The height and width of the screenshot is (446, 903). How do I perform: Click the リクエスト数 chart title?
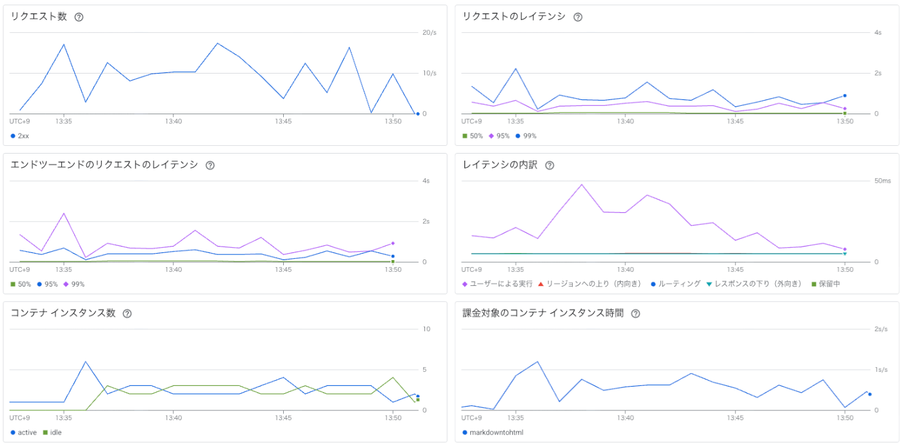pyautogui.click(x=39, y=17)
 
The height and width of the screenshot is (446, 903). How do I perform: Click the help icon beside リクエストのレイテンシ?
pyautogui.click(x=578, y=17)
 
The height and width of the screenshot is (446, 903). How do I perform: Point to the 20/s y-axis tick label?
pyautogui.click(x=429, y=33)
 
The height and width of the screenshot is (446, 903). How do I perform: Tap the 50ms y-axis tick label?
pyautogui.click(x=882, y=181)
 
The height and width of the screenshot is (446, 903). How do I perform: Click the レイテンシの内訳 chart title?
pyautogui.click(x=500, y=165)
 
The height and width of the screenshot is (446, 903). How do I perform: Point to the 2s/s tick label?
pyautogui.click(x=881, y=329)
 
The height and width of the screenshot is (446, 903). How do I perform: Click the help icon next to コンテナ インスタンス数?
pyautogui.click(x=127, y=314)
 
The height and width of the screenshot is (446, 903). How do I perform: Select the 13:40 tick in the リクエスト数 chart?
pyautogui.click(x=173, y=121)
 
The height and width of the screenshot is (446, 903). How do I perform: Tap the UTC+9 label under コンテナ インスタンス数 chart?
pyautogui.click(x=19, y=418)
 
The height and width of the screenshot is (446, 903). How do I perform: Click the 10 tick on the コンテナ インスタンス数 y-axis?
pyautogui.click(x=426, y=329)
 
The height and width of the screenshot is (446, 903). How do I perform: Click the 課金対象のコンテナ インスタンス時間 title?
pyautogui.click(x=543, y=314)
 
